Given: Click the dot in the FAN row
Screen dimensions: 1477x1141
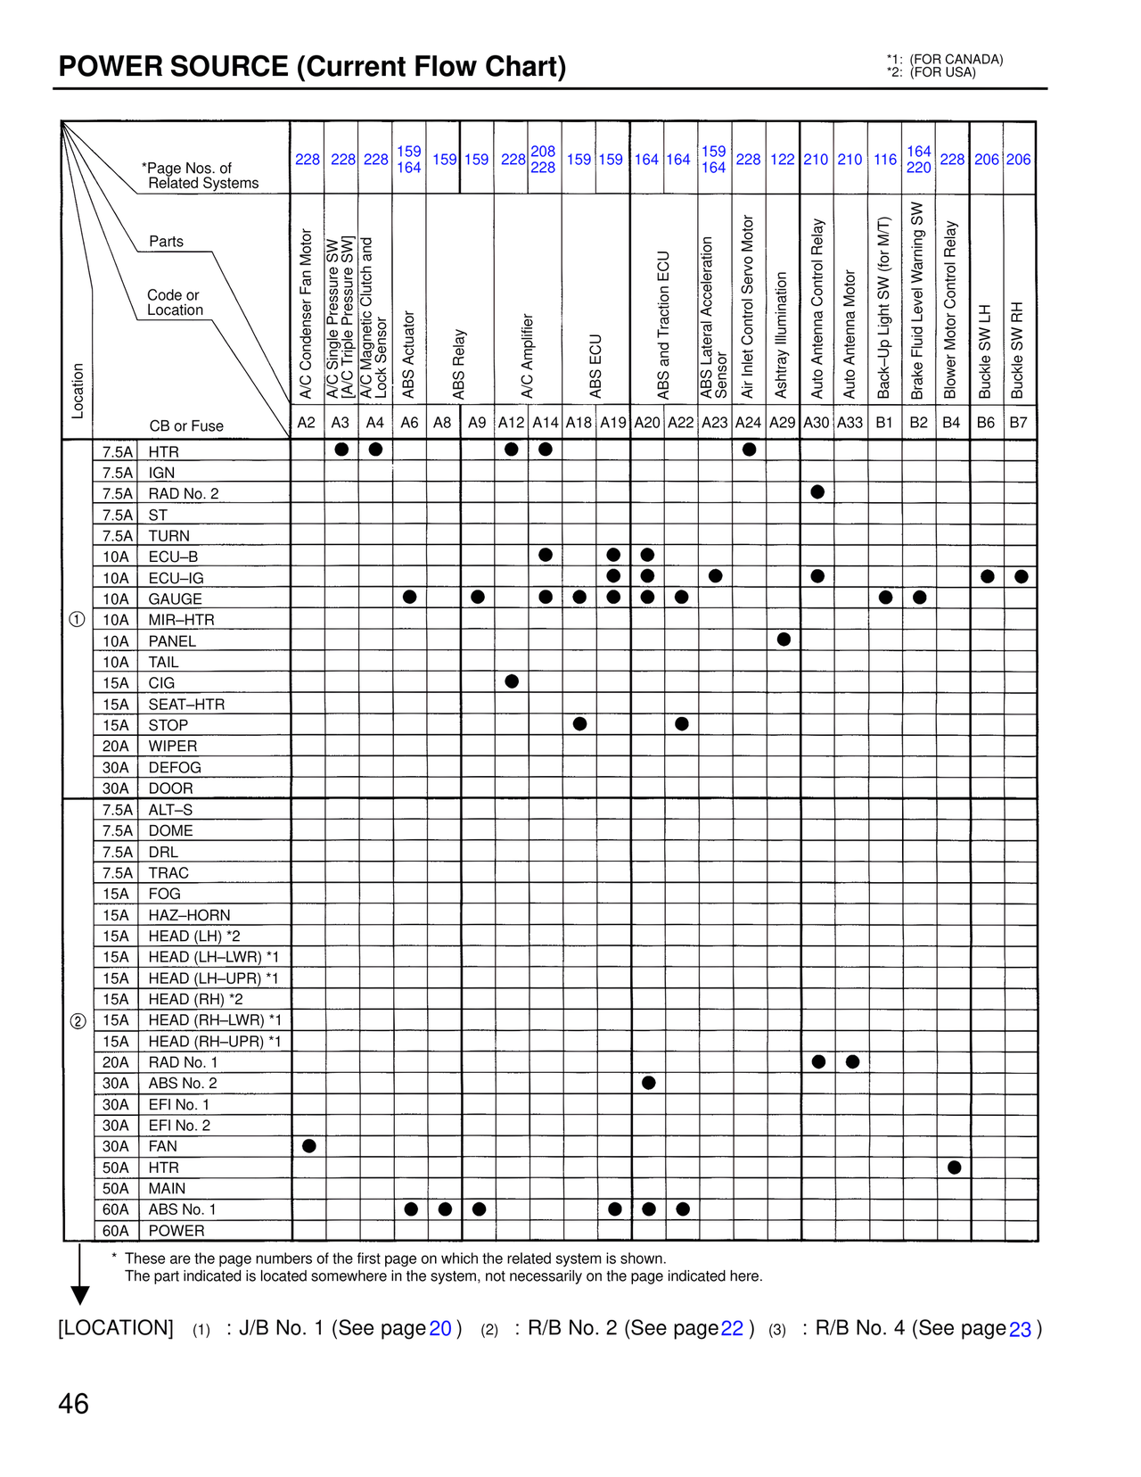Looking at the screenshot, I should point(309,1146).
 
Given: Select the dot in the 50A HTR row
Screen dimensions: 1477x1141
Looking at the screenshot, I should point(955,1168).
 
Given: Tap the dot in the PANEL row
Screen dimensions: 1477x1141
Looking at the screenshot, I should point(784,639).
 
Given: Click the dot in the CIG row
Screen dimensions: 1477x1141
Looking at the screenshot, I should point(512,681).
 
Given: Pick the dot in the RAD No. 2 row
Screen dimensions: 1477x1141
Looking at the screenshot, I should point(817,492).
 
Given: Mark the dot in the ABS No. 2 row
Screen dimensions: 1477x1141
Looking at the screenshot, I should point(649,1083).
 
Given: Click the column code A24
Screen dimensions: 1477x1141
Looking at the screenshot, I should point(748,423).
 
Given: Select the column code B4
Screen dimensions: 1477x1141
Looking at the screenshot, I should point(952,423).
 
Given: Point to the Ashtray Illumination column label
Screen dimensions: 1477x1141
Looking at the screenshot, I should point(782,335).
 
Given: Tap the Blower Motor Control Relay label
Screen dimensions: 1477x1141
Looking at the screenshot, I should point(951,310).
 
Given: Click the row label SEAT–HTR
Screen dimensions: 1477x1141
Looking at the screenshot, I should point(186,705).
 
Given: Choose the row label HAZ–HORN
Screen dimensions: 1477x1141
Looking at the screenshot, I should point(189,915).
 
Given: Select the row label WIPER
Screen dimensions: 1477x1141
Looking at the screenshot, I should point(173,747).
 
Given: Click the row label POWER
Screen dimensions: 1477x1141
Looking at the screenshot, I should point(176,1231).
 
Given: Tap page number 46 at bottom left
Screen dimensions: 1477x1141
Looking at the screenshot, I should point(73,1405).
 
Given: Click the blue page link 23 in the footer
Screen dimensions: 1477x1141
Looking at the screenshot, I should point(1020,1330).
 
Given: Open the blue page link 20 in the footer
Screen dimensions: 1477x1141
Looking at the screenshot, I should point(440,1329).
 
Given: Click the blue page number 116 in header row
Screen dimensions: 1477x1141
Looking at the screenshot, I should point(885,160).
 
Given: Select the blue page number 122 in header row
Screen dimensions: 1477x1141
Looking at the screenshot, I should point(783,160).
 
